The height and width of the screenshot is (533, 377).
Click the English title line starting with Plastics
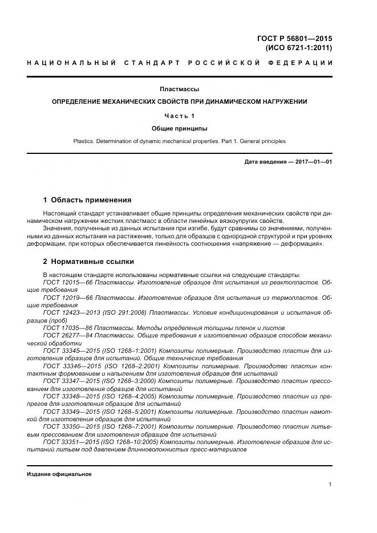pyautogui.click(x=179, y=141)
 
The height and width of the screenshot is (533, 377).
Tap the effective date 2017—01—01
pyautogui.click(x=312, y=162)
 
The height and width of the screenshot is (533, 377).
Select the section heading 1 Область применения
pyautogui.click(x=87, y=200)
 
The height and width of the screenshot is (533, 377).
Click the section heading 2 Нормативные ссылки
pyautogui.click(x=88, y=262)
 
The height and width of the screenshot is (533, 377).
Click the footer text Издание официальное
pyautogui.click(x=59, y=474)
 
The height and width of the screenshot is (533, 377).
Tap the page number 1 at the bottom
pyautogui.click(x=330, y=485)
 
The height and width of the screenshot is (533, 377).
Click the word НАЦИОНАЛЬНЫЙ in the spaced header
pyautogui.click(x=68, y=62)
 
